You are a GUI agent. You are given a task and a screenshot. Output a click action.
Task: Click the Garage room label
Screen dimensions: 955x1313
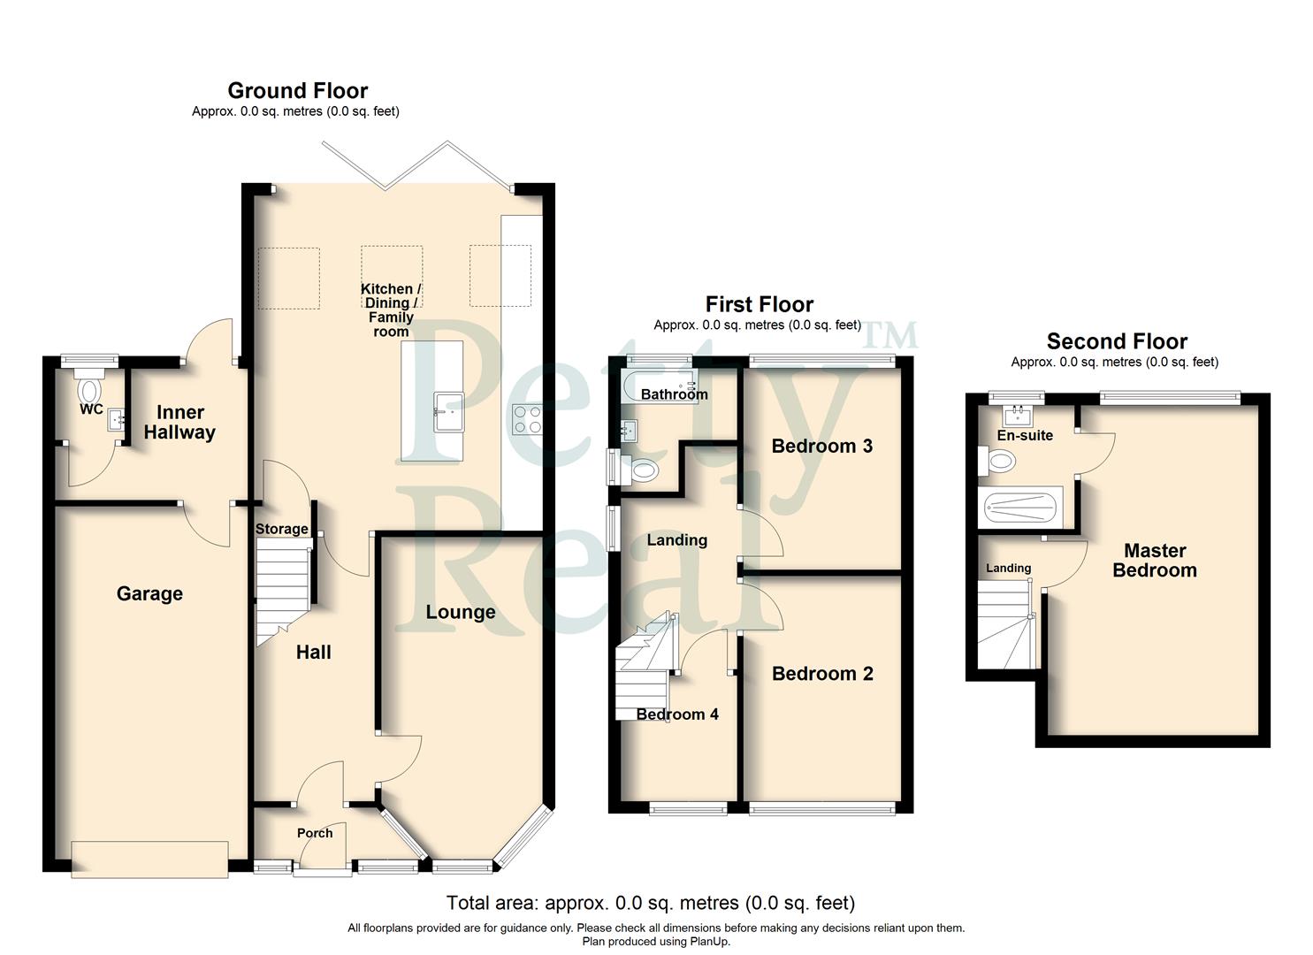(149, 594)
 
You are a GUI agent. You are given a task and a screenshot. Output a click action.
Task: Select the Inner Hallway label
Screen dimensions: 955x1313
(179, 423)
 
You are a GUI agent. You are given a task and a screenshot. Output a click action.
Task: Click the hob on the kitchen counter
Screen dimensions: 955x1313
(528, 419)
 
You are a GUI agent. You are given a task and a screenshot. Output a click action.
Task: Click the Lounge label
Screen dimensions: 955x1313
(460, 612)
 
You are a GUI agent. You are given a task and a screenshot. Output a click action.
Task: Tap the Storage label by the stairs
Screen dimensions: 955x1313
(281, 530)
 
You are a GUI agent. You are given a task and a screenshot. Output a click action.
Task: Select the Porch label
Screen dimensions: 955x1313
(315, 833)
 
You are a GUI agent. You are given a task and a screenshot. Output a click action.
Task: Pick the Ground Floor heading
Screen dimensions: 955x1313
(297, 90)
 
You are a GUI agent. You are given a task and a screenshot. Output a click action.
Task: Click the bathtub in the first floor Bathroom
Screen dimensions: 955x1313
(659, 387)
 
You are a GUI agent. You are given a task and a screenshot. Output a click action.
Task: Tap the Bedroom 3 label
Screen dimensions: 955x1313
(821, 446)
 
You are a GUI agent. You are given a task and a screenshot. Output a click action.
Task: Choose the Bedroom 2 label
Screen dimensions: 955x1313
(822, 674)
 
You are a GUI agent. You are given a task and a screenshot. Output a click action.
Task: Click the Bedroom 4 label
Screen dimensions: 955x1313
(677, 714)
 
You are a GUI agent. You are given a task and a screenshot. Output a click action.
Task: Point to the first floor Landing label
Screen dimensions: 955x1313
(676, 540)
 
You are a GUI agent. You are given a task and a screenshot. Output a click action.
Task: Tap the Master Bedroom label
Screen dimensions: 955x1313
(1154, 561)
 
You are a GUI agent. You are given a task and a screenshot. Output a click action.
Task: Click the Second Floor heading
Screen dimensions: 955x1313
(1117, 341)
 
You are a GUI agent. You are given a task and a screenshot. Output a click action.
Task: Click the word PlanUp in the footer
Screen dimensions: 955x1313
(706, 942)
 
